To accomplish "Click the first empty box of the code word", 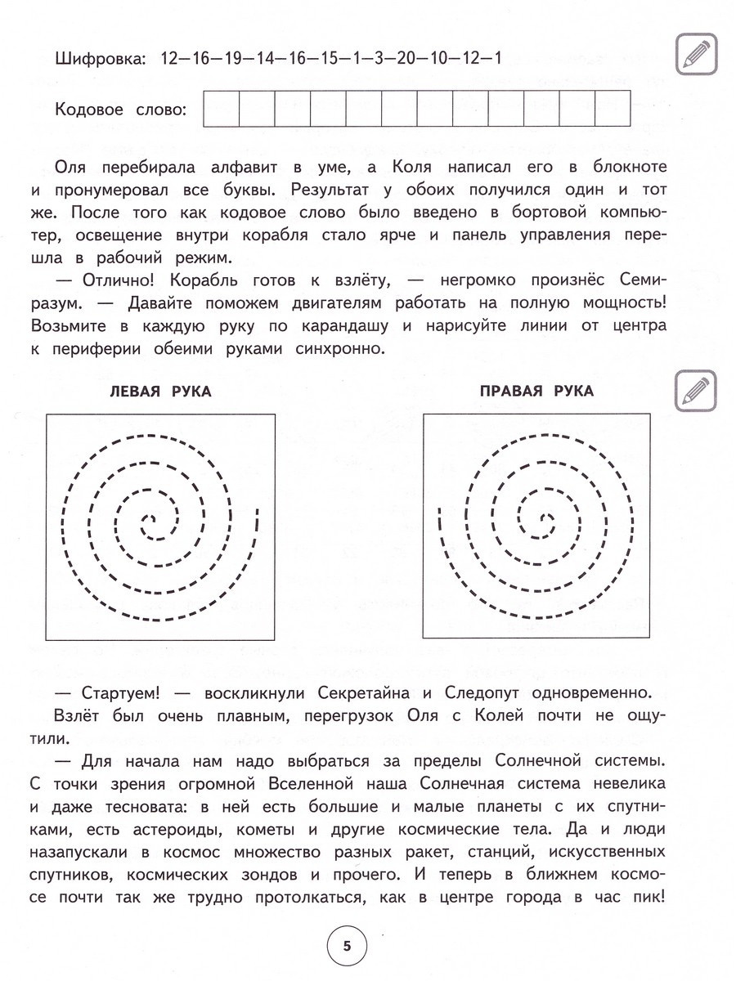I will pos(221,110).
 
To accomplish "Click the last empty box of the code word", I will pos(613,110).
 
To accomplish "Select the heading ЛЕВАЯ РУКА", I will pos(160,392).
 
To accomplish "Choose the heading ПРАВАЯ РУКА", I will pos(536,392).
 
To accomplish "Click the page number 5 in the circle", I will pos(347,947).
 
